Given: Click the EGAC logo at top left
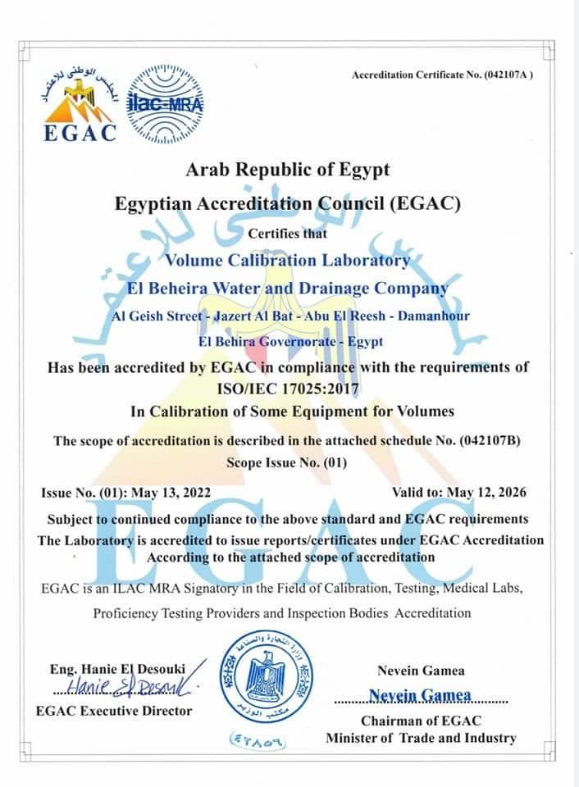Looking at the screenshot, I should [x=78, y=105].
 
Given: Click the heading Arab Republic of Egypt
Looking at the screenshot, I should [x=288, y=170].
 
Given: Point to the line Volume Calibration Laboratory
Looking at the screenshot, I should [x=287, y=261].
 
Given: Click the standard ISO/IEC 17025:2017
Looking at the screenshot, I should [x=288, y=388].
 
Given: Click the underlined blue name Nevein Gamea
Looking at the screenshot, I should [x=420, y=696].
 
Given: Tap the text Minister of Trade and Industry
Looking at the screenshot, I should [x=422, y=738].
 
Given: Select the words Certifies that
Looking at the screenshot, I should [x=287, y=234].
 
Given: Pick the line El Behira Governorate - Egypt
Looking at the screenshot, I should [x=289, y=341].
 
